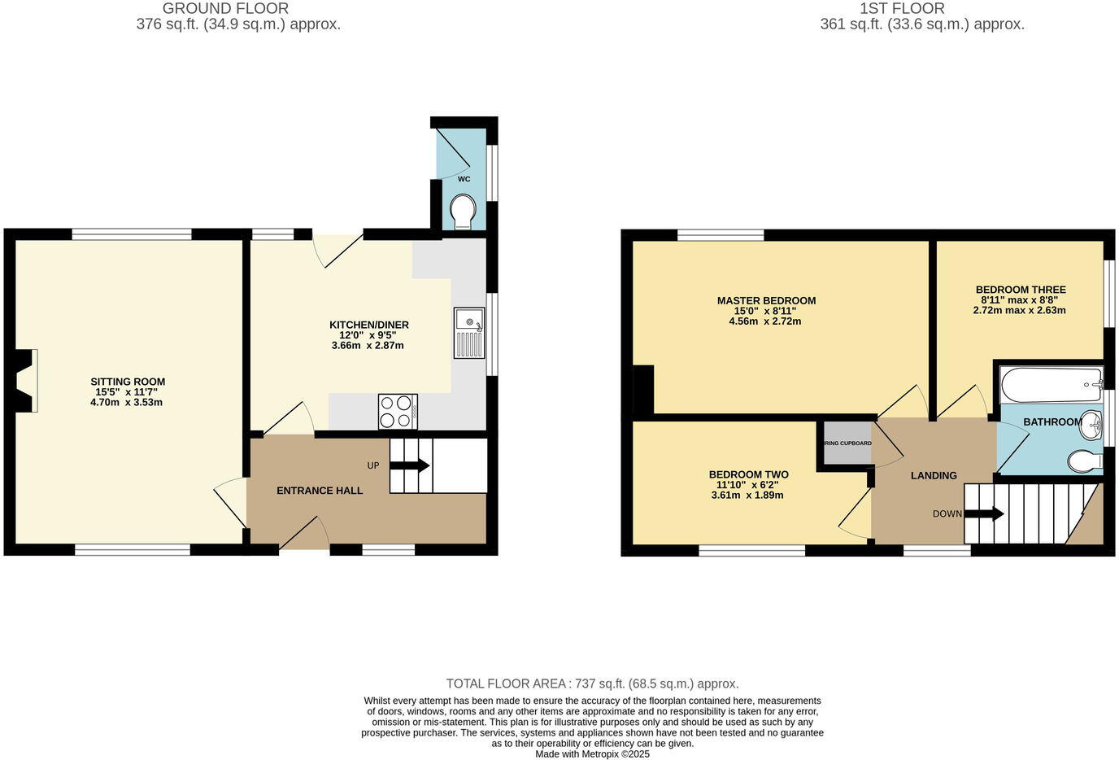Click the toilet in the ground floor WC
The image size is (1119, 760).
(x=464, y=211)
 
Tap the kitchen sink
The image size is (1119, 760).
(x=469, y=333)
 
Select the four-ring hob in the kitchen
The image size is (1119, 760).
(x=398, y=411)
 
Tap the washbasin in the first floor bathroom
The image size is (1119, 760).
(x=1091, y=423)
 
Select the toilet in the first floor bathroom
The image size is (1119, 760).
(x=1084, y=461)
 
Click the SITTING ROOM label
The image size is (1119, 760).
(x=128, y=382)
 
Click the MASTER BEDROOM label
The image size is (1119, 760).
(x=766, y=300)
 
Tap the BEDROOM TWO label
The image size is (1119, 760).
(x=748, y=474)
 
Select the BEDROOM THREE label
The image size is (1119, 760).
(x=1021, y=290)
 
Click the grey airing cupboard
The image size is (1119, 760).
(x=847, y=443)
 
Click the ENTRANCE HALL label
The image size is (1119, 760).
(x=320, y=491)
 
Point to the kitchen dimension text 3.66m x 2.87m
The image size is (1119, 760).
(x=368, y=346)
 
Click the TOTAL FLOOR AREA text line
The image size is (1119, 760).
(x=592, y=684)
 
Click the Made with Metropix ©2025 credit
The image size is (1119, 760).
(x=592, y=753)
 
